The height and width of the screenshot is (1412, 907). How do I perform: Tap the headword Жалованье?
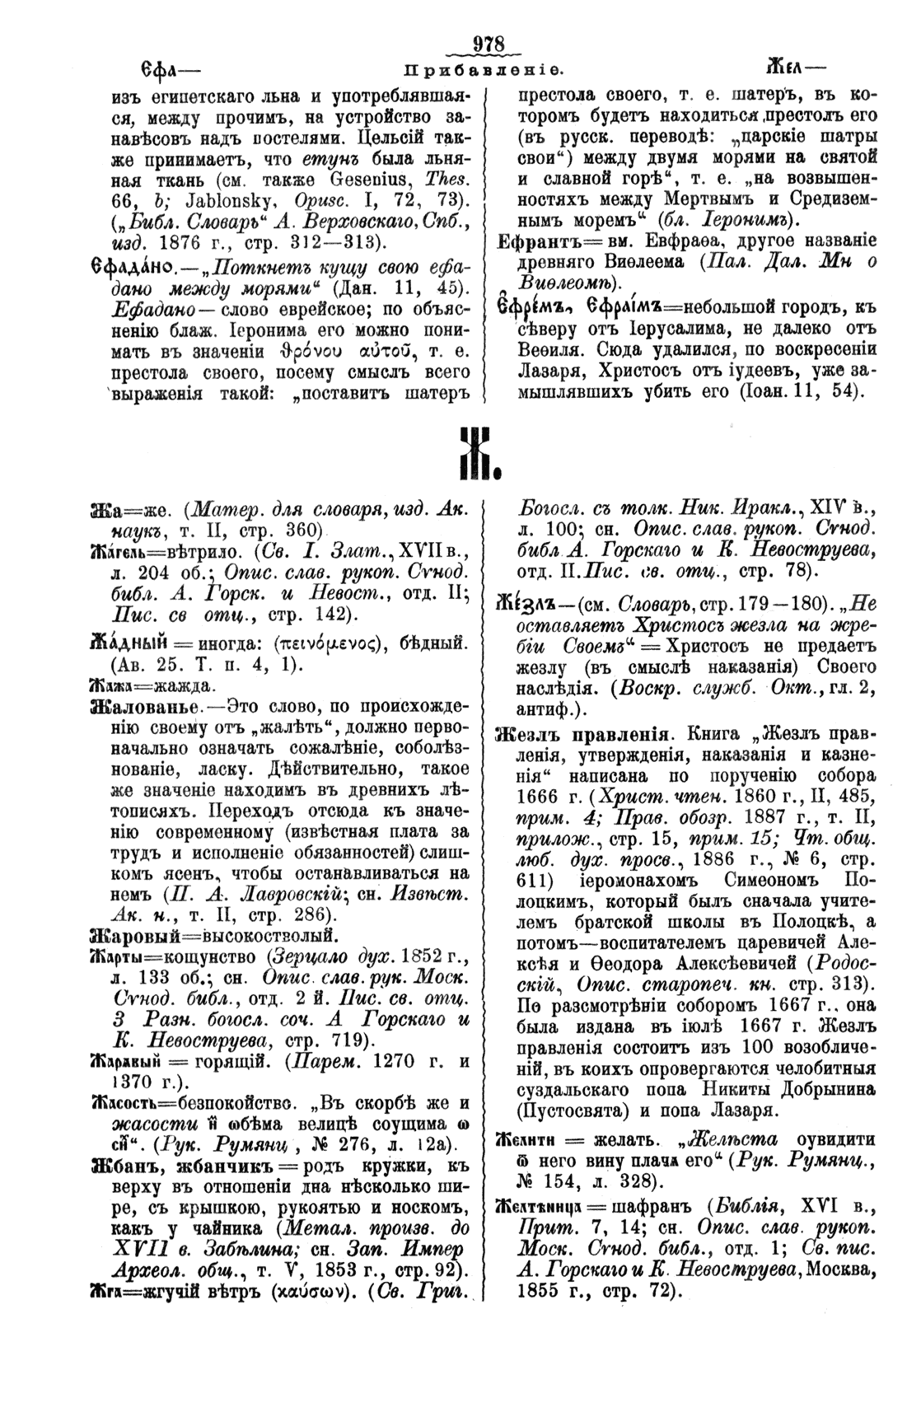tap(146, 705)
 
